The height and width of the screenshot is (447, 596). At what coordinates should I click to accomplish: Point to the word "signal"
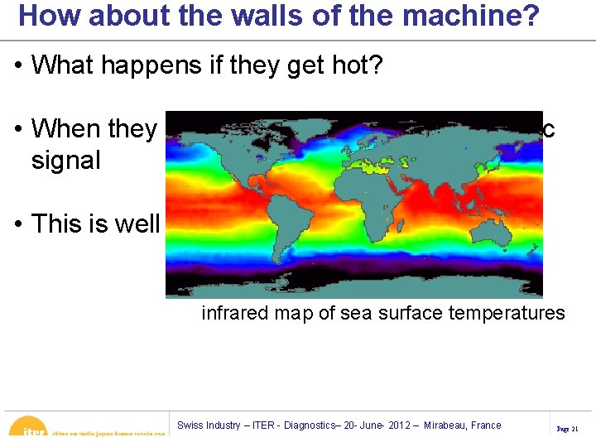tap(65, 160)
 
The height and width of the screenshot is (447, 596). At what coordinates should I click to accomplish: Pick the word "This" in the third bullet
tap(59, 223)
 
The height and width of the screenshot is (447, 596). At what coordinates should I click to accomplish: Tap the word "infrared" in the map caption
tap(234, 314)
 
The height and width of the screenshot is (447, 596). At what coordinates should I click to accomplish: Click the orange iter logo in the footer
tap(30, 428)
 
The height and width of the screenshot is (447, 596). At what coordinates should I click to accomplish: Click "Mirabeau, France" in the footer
tap(463, 425)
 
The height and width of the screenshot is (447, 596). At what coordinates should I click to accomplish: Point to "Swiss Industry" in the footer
tap(207, 425)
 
